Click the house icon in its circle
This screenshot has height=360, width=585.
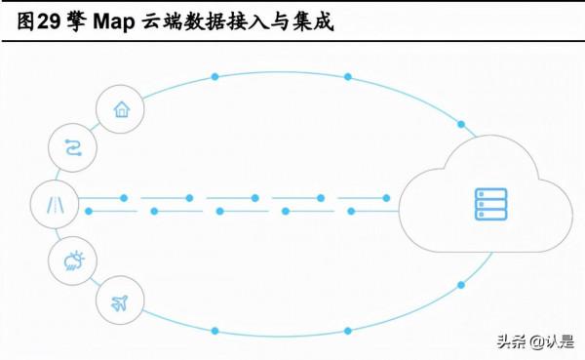(x=122, y=109)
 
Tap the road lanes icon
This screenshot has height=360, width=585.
(x=53, y=204)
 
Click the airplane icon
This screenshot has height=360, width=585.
(x=121, y=301)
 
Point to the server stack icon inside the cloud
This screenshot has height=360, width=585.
(x=490, y=204)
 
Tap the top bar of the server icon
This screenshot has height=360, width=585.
(x=490, y=193)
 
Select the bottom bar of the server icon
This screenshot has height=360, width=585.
(x=490, y=215)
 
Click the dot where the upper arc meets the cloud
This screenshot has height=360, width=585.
(x=460, y=125)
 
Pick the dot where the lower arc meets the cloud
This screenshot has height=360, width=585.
(x=460, y=285)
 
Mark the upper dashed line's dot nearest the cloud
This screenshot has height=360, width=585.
(x=386, y=198)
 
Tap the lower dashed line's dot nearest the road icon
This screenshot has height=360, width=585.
(x=89, y=211)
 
